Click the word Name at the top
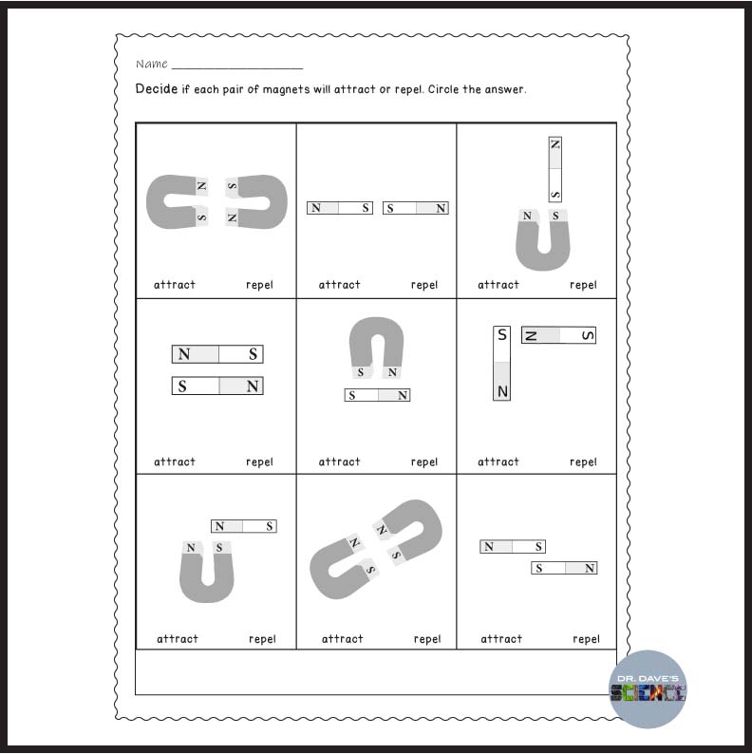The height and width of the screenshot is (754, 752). pyautogui.click(x=151, y=65)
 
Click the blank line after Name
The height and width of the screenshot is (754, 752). pyautogui.click(x=237, y=66)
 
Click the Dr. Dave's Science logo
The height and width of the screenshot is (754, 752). pyautogui.click(x=648, y=690)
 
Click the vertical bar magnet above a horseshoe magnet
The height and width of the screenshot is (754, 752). pyautogui.click(x=555, y=169)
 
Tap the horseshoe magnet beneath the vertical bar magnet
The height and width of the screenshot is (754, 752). pyautogui.click(x=542, y=243)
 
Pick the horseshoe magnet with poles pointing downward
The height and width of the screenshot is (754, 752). pyautogui.click(x=376, y=345)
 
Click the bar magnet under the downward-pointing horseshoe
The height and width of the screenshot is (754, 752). pyautogui.click(x=377, y=395)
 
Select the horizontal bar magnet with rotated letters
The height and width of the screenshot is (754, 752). pyautogui.click(x=558, y=335)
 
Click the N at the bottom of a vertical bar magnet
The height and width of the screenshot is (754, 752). pyautogui.click(x=502, y=390)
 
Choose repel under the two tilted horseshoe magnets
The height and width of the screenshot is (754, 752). pyautogui.click(x=427, y=639)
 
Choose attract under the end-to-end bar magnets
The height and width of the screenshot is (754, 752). pyautogui.click(x=339, y=285)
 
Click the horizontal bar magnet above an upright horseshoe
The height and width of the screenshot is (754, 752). pyautogui.click(x=243, y=526)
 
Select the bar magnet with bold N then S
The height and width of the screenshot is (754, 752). pyautogui.click(x=217, y=354)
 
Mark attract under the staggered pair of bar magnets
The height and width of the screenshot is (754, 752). pyautogui.click(x=501, y=639)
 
